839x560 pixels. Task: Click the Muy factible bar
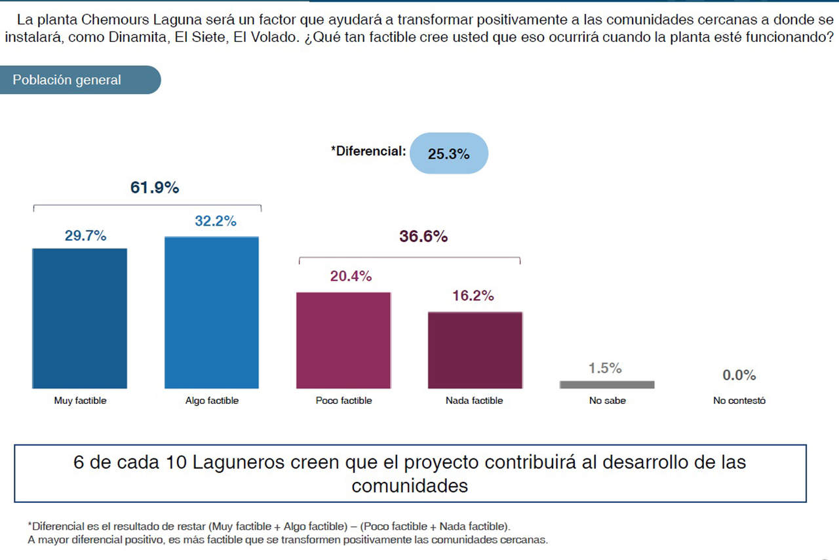click(79, 318)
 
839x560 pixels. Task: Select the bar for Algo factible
click(211, 313)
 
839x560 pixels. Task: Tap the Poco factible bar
click(343, 340)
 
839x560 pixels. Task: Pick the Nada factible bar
click(475, 350)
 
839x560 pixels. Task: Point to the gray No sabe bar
click(607, 384)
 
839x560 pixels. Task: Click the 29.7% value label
click(85, 236)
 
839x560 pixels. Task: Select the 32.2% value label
click(216, 222)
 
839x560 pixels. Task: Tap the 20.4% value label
click(351, 277)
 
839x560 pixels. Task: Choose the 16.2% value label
click(473, 296)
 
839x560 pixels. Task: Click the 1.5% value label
click(605, 369)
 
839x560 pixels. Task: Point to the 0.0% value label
click(739, 376)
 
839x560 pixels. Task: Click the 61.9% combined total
click(155, 188)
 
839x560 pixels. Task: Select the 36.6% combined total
click(423, 237)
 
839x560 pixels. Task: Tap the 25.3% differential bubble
click(449, 154)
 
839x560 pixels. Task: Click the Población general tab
click(67, 80)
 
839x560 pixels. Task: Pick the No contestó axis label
click(739, 401)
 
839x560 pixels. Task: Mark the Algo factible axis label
click(212, 401)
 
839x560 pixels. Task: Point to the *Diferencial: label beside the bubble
click(368, 151)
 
